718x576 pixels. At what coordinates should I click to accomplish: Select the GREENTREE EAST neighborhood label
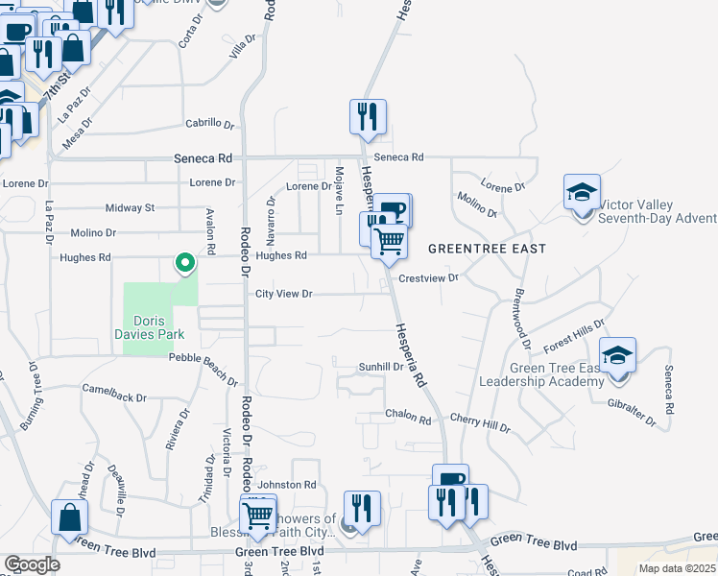[487, 249]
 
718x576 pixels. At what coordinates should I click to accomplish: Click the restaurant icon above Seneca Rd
[368, 118]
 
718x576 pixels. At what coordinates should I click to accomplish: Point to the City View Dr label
[284, 295]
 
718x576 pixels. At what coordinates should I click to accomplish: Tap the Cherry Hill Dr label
[480, 423]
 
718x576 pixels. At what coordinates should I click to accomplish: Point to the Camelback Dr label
[113, 395]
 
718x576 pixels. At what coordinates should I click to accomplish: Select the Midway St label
[130, 207]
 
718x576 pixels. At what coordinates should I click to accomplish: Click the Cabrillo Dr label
[210, 123]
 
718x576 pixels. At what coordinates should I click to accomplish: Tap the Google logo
[32, 564]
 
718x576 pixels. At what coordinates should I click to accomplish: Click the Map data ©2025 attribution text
[677, 568]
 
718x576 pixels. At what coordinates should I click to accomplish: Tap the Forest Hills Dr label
[574, 335]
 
